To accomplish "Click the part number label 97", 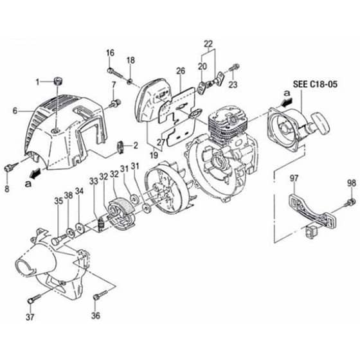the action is pos(294,178).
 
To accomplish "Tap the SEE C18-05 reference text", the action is pos(315,84).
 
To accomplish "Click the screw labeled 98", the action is pos(351,203).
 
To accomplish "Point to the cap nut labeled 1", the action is pos(59,81).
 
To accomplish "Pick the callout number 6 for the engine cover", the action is pos(15,111).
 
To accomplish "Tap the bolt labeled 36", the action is pos(100,295).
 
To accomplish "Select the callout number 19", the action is pos(154,155).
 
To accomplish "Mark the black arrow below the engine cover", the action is pos(36,172).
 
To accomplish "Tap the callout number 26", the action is pos(181,71).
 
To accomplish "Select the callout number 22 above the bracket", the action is pos(208,44).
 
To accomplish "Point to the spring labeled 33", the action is pos(100,223).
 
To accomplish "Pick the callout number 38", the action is pos(68,195).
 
